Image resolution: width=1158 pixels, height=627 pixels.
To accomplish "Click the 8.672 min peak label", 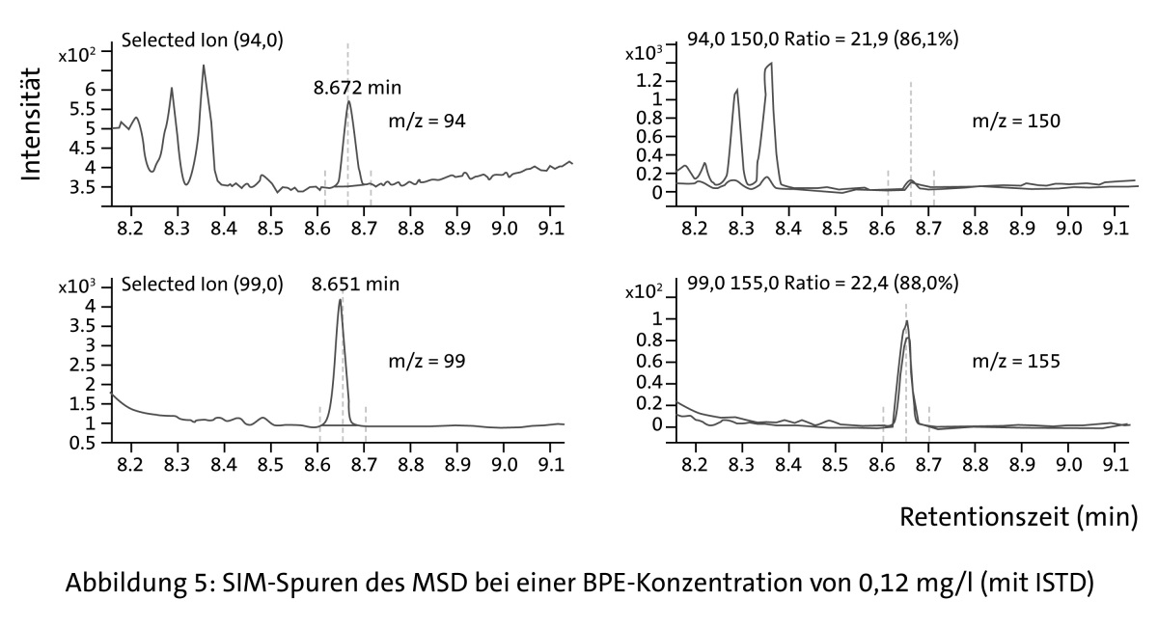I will click(350, 87).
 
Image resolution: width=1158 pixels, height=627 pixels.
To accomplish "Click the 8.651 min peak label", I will click(354, 285).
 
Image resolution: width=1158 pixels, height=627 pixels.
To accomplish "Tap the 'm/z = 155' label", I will click(1015, 362).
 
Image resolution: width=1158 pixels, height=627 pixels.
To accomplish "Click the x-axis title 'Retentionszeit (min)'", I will click(1019, 517).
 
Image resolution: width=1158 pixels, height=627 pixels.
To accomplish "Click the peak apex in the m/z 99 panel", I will click(340, 300).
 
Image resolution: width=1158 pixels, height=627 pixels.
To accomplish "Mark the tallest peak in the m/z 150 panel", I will click(771, 64).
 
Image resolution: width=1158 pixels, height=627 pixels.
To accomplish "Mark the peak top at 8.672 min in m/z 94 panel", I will click(348, 101).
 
